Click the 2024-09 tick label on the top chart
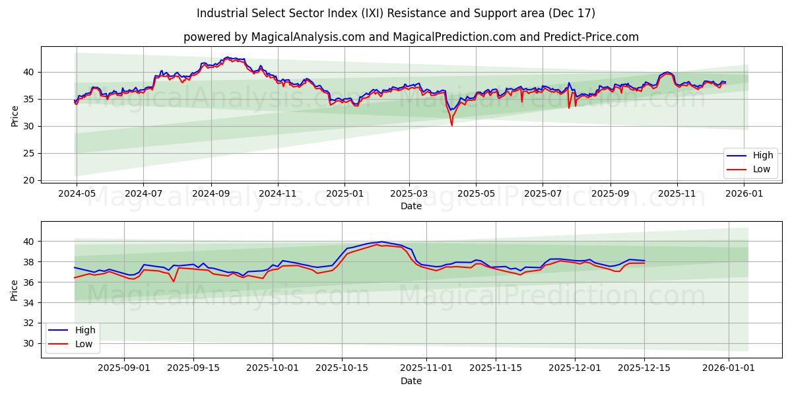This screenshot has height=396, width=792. (x=211, y=193)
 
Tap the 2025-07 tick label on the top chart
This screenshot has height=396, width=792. (x=543, y=193)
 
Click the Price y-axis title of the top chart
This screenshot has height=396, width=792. (x=15, y=116)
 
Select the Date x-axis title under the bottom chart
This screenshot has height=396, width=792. (x=411, y=381)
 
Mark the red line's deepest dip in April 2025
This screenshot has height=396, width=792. (x=451, y=125)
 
